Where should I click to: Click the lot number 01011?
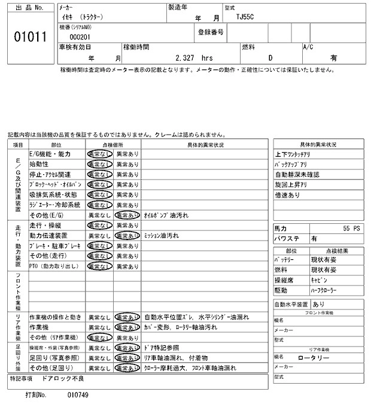(30, 37)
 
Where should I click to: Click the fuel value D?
(270, 58)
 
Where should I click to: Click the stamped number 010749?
(78, 396)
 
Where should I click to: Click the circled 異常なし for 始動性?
(99, 164)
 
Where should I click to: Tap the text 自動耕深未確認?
(297, 174)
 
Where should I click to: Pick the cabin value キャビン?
(319, 280)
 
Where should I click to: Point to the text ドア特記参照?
(162, 347)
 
